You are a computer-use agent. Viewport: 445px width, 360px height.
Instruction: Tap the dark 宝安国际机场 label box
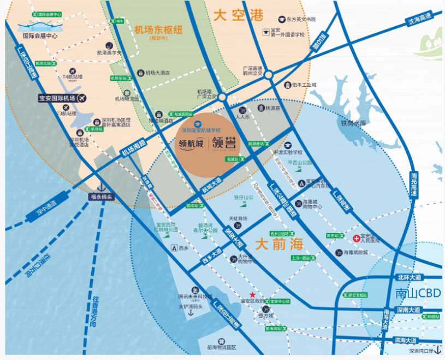click(x=57, y=99)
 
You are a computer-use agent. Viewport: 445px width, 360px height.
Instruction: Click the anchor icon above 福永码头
click(x=101, y=186)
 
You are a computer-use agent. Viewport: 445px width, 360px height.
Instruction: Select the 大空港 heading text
click(x=239, y=15)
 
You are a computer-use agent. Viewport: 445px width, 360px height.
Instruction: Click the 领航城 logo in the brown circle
click(x=191, y=145)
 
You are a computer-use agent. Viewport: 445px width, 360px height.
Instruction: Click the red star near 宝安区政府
click(x=252, y=295)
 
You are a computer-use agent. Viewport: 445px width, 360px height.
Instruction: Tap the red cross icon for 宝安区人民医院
click(x=357, y=238)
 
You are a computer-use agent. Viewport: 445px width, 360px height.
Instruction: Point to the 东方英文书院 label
click(x=300, y=19)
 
